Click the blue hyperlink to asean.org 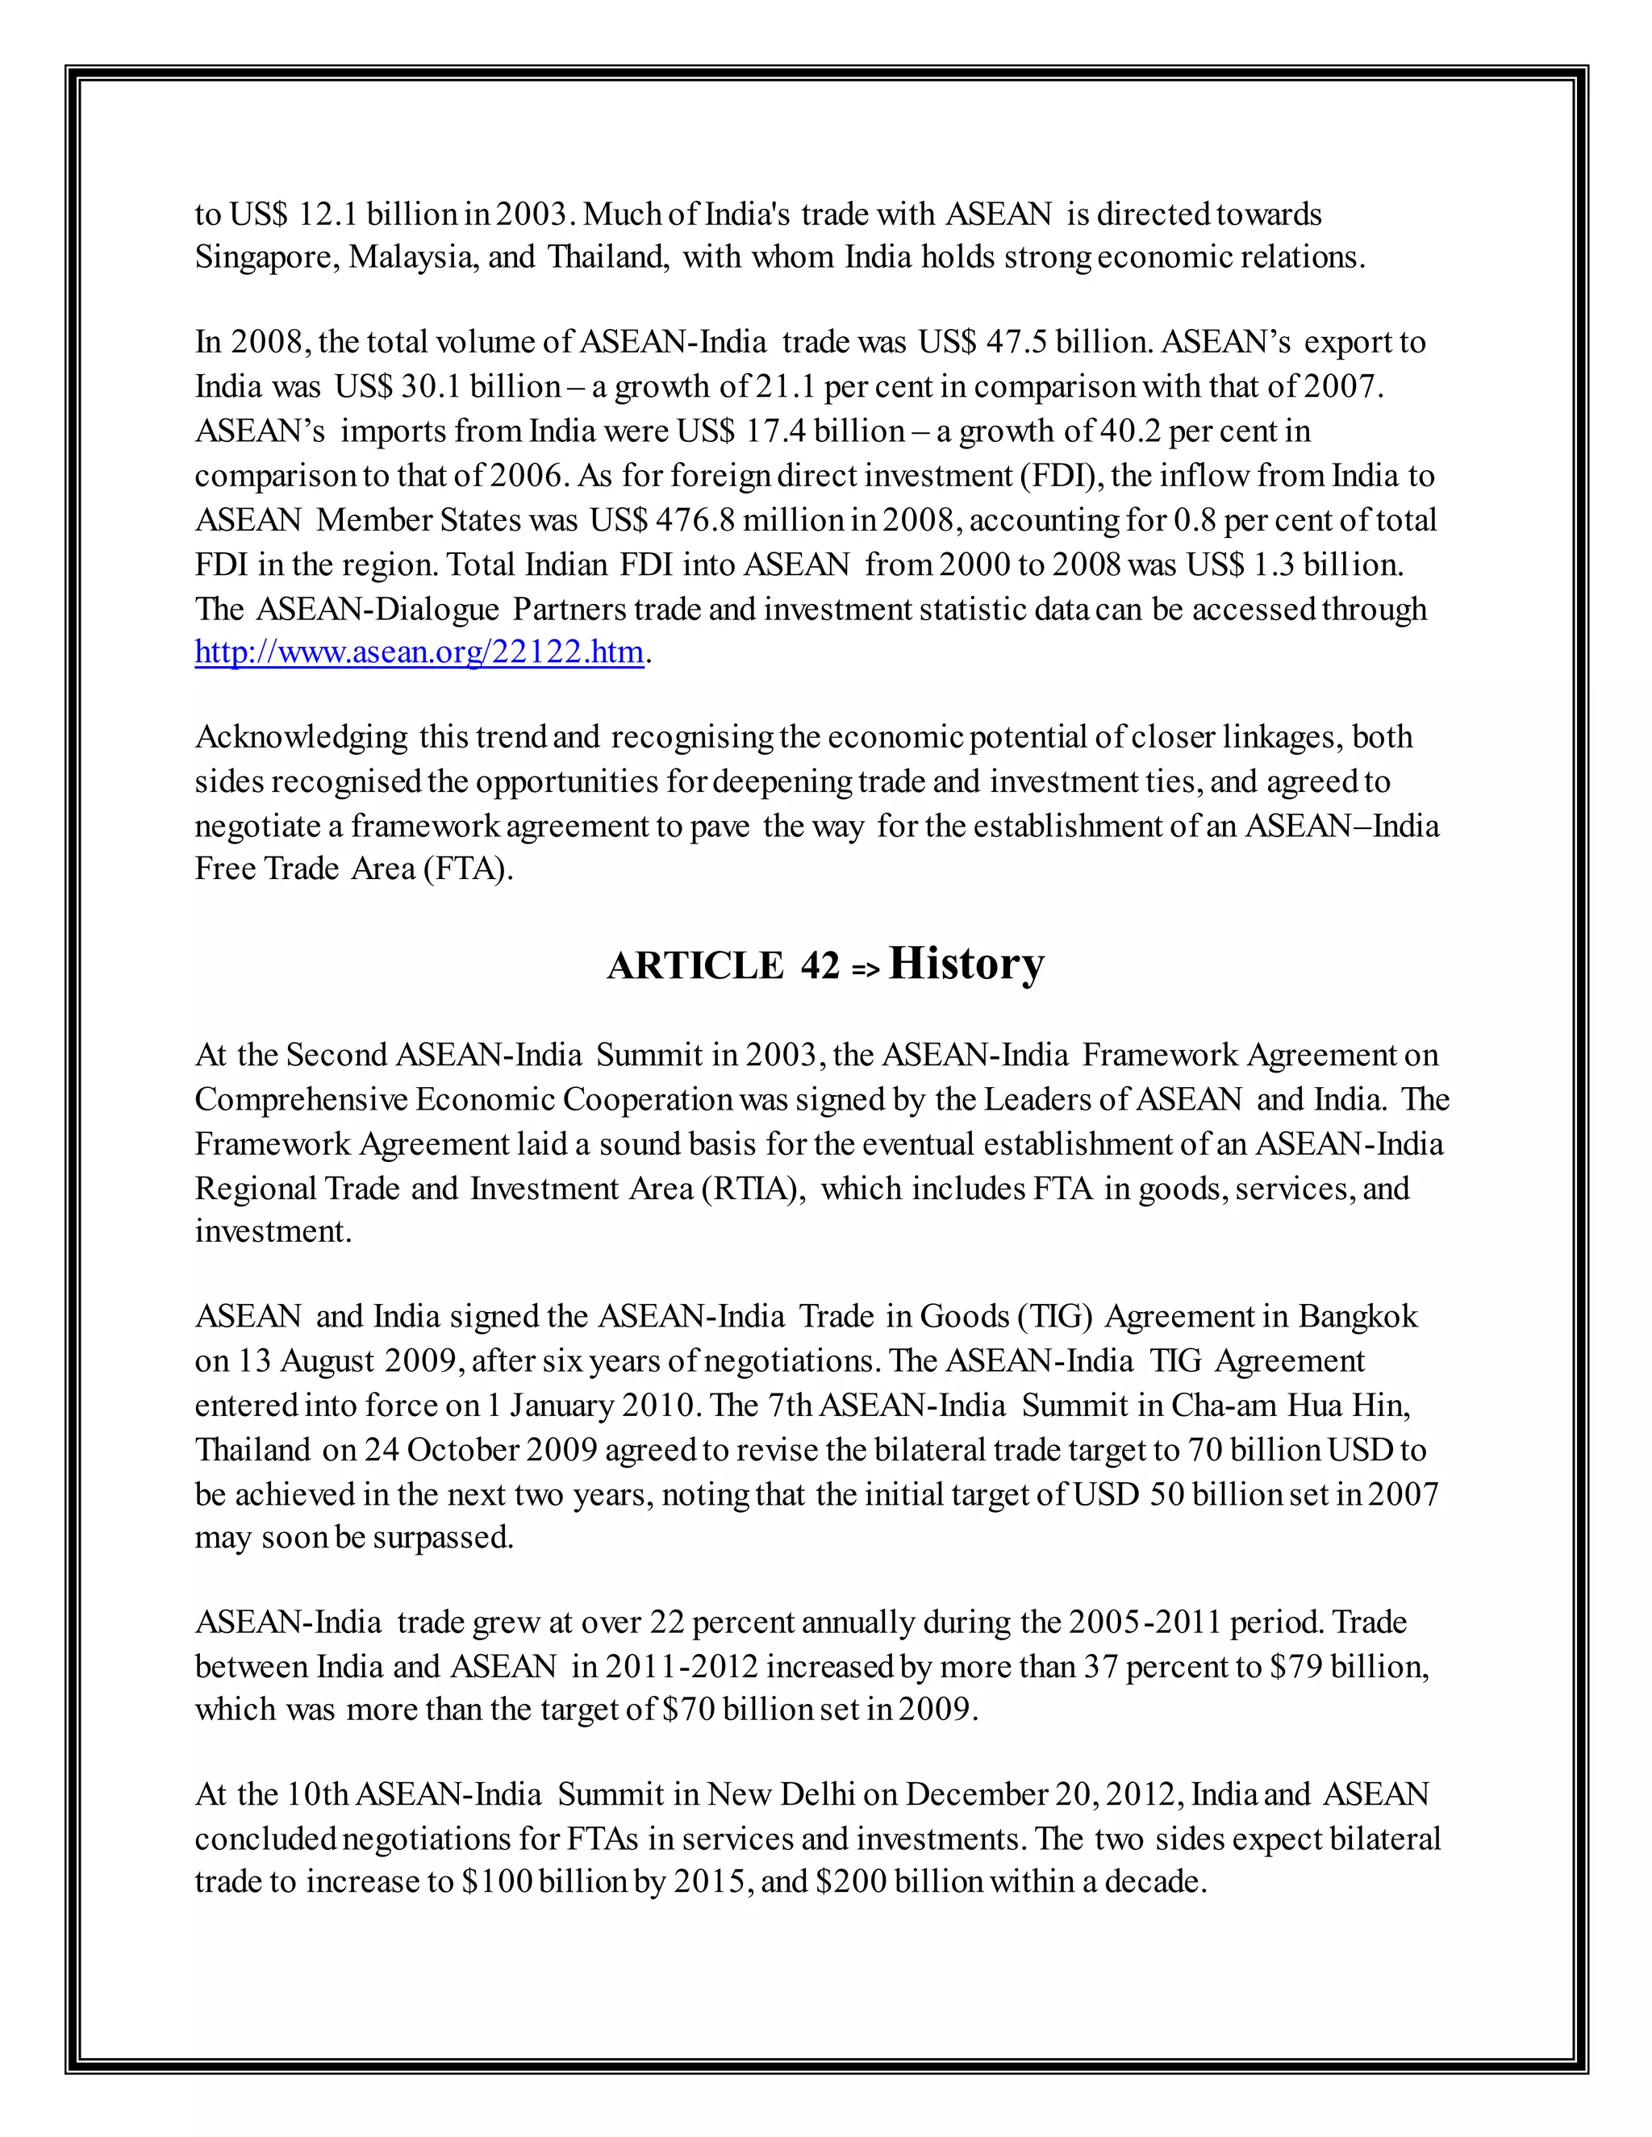pyautogui.click(x=419, y=652)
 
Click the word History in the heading pyautogui.click(x=966, y=963)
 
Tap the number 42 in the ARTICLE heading pyautogui.click(x=820, y=967)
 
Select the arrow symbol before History pyautogui.click(x=866, y=969)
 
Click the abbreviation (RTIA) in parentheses pyautogui.click(x=753, y=1188)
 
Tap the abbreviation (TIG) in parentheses pyautogui.click(x=1054, y=1316)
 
